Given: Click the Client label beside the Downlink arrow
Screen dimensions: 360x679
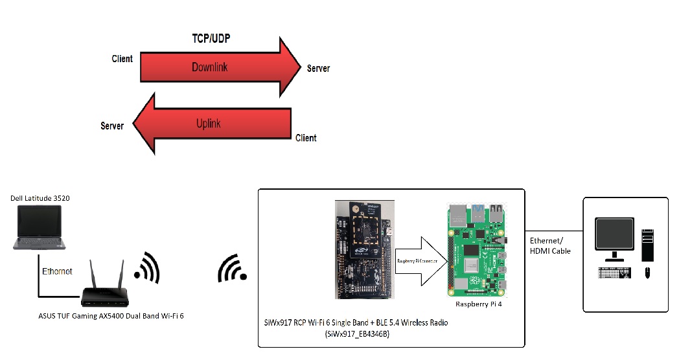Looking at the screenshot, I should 122,59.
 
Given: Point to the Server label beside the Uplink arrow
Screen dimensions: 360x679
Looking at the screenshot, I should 112,126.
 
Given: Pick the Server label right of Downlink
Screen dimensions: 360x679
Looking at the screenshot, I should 318,68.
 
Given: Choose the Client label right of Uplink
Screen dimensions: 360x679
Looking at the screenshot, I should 306,138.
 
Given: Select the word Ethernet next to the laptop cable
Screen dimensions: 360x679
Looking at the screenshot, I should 57,271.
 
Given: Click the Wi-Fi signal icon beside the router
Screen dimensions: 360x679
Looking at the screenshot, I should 147,266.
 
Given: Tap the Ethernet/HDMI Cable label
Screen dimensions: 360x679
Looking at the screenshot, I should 550,245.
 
